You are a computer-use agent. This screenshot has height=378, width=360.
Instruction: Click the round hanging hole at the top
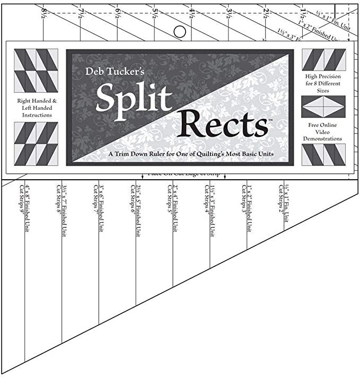point(180,32)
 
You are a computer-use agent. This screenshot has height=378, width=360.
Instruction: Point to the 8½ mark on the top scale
point(43,11)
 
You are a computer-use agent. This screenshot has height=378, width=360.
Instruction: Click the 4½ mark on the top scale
point(192,11)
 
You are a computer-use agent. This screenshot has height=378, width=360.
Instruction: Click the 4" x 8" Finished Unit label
point(24,206)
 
